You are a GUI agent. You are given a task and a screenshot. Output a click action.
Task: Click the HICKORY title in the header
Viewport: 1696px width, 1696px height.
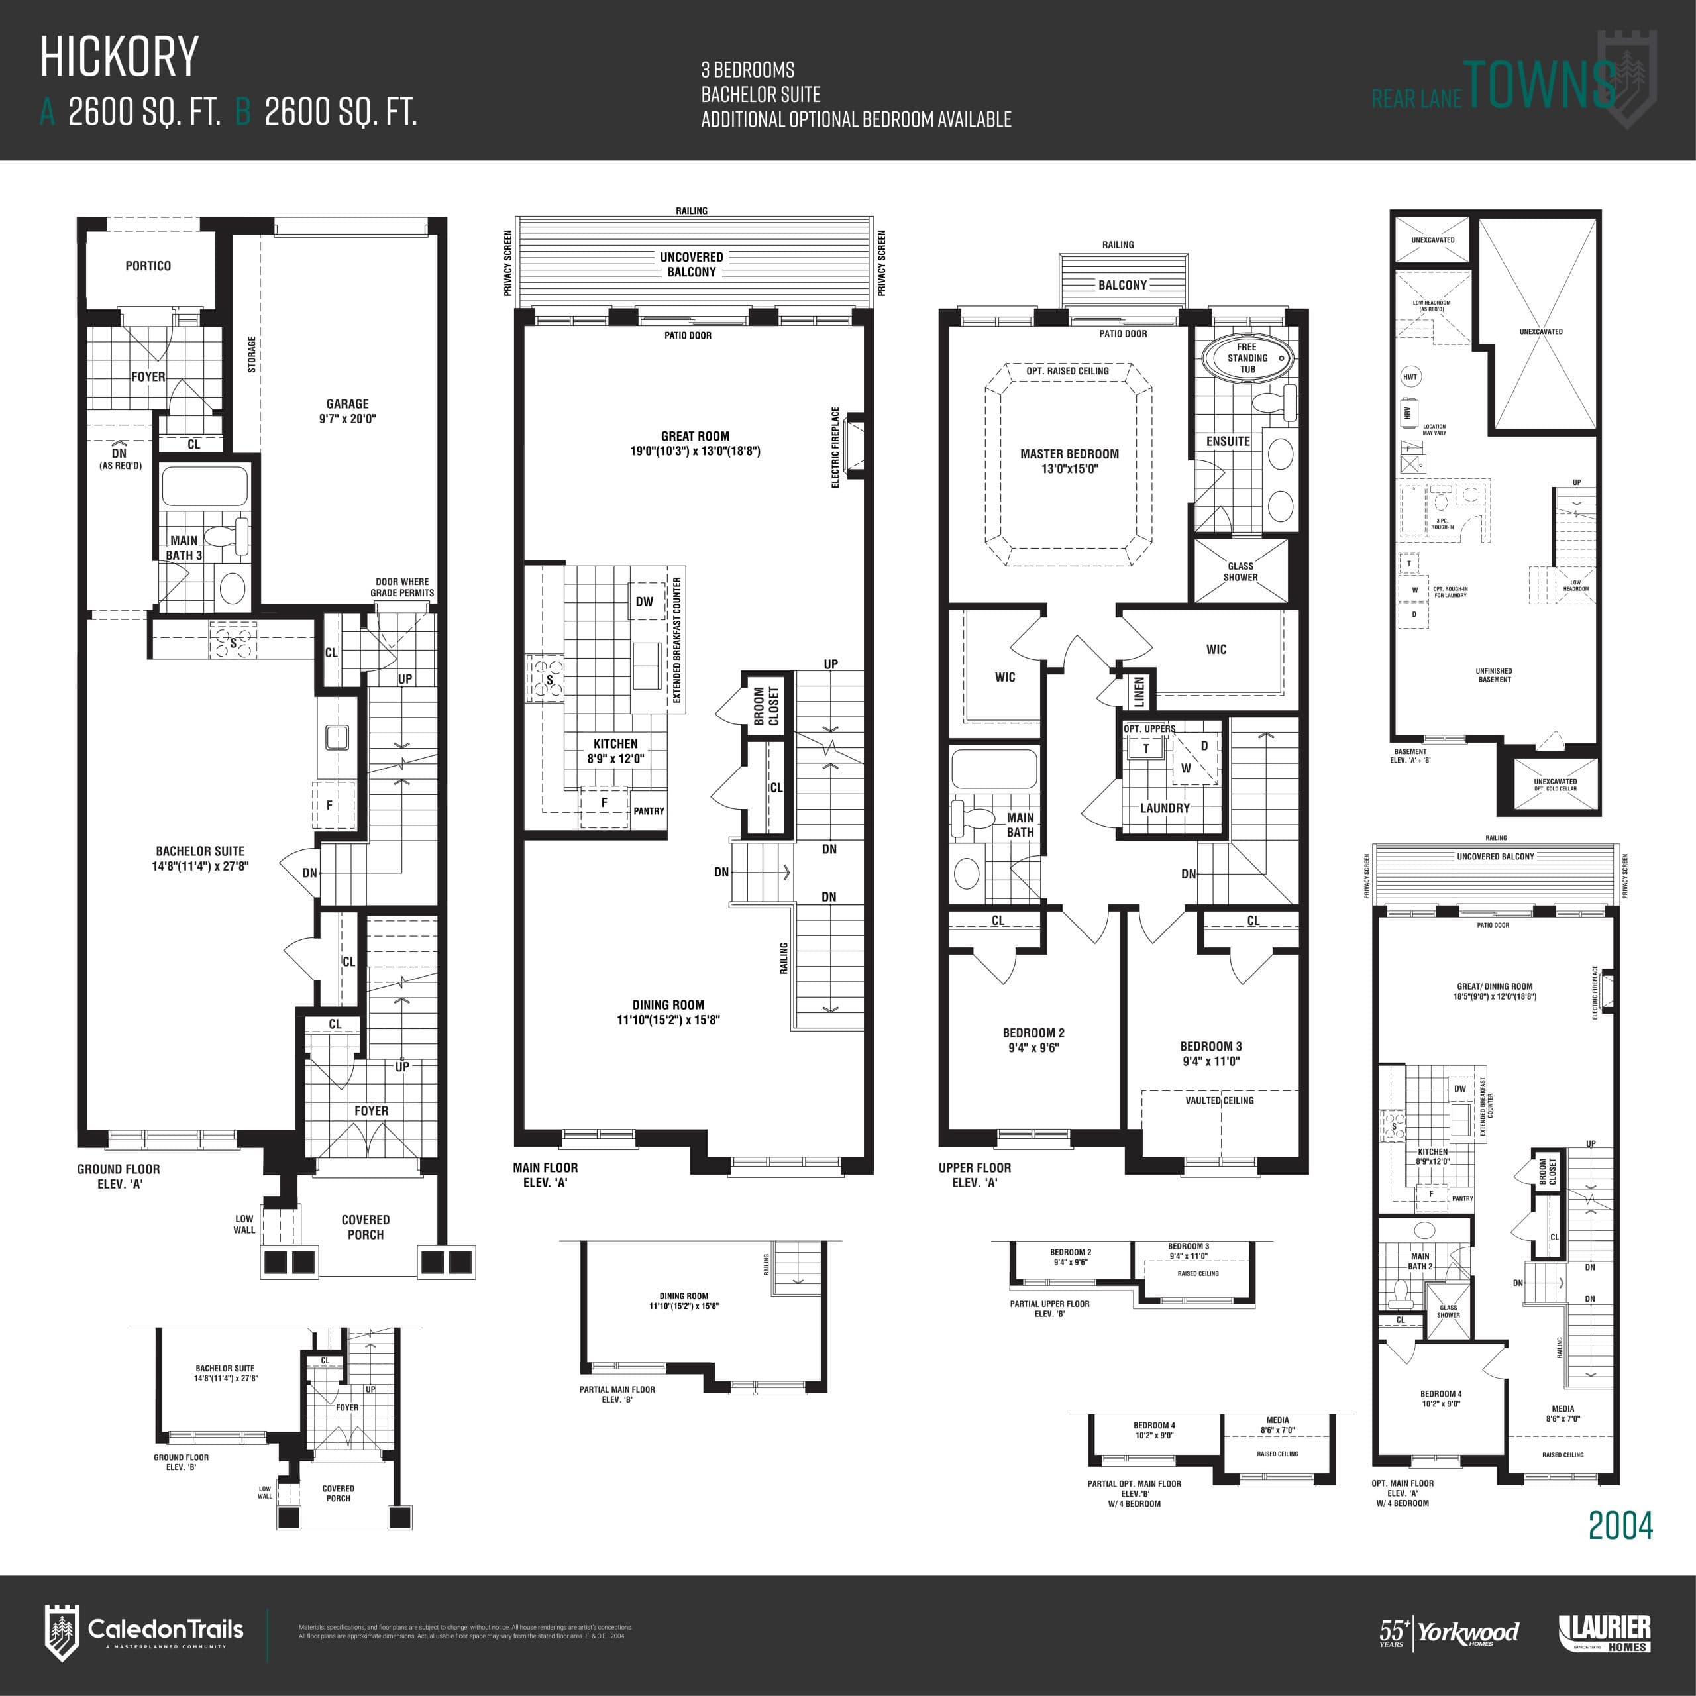click(x=121, y=57)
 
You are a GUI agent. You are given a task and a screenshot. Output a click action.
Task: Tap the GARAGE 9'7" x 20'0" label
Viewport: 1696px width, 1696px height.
click(x=348, y=411)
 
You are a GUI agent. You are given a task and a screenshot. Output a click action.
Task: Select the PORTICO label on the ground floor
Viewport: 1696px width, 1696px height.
click(x=148, y=266)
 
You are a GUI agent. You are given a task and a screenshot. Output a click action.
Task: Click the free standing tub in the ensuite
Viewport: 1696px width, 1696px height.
click(x=1247, y=358)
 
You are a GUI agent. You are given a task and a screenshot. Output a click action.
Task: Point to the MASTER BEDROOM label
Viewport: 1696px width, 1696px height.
click(x=1069, y=461)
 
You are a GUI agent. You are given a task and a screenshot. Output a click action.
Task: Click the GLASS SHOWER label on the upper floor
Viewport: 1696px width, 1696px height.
click(x=1240, y=572)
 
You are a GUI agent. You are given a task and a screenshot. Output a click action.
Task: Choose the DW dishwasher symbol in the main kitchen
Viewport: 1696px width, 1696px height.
click(x=645, y=602)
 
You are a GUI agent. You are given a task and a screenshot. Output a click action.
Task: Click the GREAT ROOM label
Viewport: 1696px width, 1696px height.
click(x=694, y=443)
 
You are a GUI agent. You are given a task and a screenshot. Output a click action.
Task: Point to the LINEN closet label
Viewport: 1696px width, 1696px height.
click(x=1139, y=692)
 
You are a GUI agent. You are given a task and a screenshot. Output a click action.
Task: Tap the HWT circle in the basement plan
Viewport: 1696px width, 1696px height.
click(x=1410, y=376)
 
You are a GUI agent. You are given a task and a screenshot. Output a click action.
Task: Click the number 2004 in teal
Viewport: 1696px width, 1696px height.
click(x=1620, y=1526)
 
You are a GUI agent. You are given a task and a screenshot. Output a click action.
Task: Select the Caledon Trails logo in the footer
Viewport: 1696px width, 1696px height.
click(x=145, y=1632)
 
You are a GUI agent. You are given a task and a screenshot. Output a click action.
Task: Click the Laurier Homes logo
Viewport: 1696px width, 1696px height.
click(x=1605, y=1632)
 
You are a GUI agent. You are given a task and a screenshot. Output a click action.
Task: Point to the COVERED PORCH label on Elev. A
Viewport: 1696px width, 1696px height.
click(x=365, y=1226)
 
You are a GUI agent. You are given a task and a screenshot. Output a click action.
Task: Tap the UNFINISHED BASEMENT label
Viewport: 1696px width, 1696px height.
click(x=1493, y=675)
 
